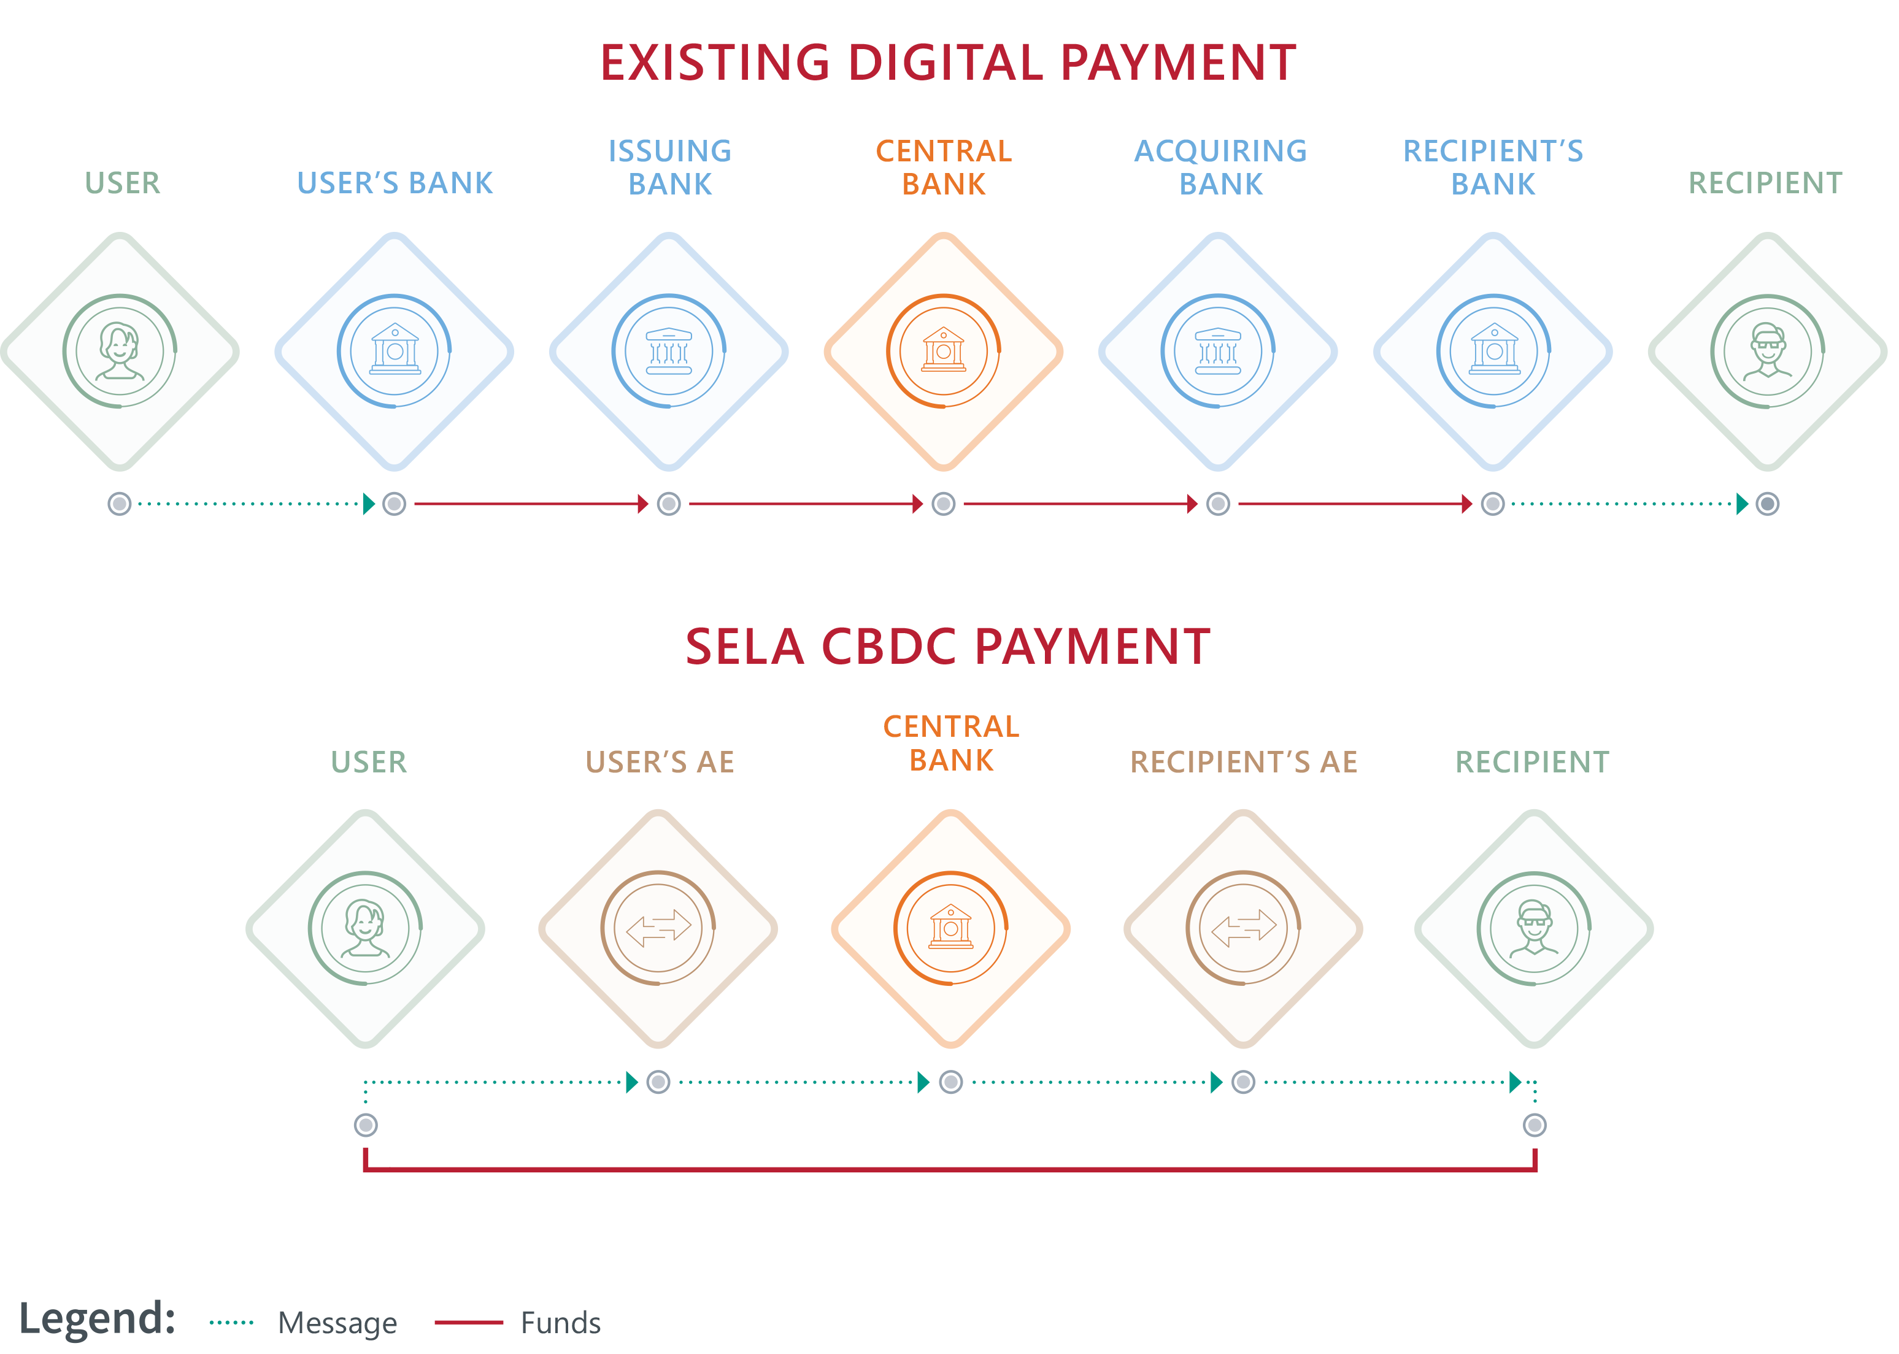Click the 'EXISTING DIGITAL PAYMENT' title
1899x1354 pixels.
tap(949, 63)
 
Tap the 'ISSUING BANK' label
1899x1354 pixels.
tap(670, 167)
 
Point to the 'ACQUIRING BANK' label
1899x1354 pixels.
tap(1220, 167)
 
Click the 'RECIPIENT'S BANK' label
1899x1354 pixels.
tap(1493, 167)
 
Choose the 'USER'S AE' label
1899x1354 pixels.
tap(660, 762)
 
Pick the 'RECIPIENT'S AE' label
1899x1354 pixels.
tap(1244, 762)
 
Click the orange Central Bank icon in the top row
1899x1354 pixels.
tap(944, 351)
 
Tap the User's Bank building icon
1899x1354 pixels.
tap(395, 351)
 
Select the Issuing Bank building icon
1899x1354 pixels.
tap(669, 351)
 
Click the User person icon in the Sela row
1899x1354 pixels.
tap(365, 928)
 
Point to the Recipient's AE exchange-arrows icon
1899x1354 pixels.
tap(1243, 928)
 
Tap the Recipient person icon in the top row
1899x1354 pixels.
tap(1767, 351)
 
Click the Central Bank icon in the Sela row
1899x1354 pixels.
tap(950, 928)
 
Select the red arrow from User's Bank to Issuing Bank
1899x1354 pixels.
tap(531, 504)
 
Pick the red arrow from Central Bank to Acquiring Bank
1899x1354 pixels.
tap(1080, 504)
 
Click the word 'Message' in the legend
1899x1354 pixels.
tap(337, 1323)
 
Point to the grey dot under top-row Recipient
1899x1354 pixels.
tap(1767, 504)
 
